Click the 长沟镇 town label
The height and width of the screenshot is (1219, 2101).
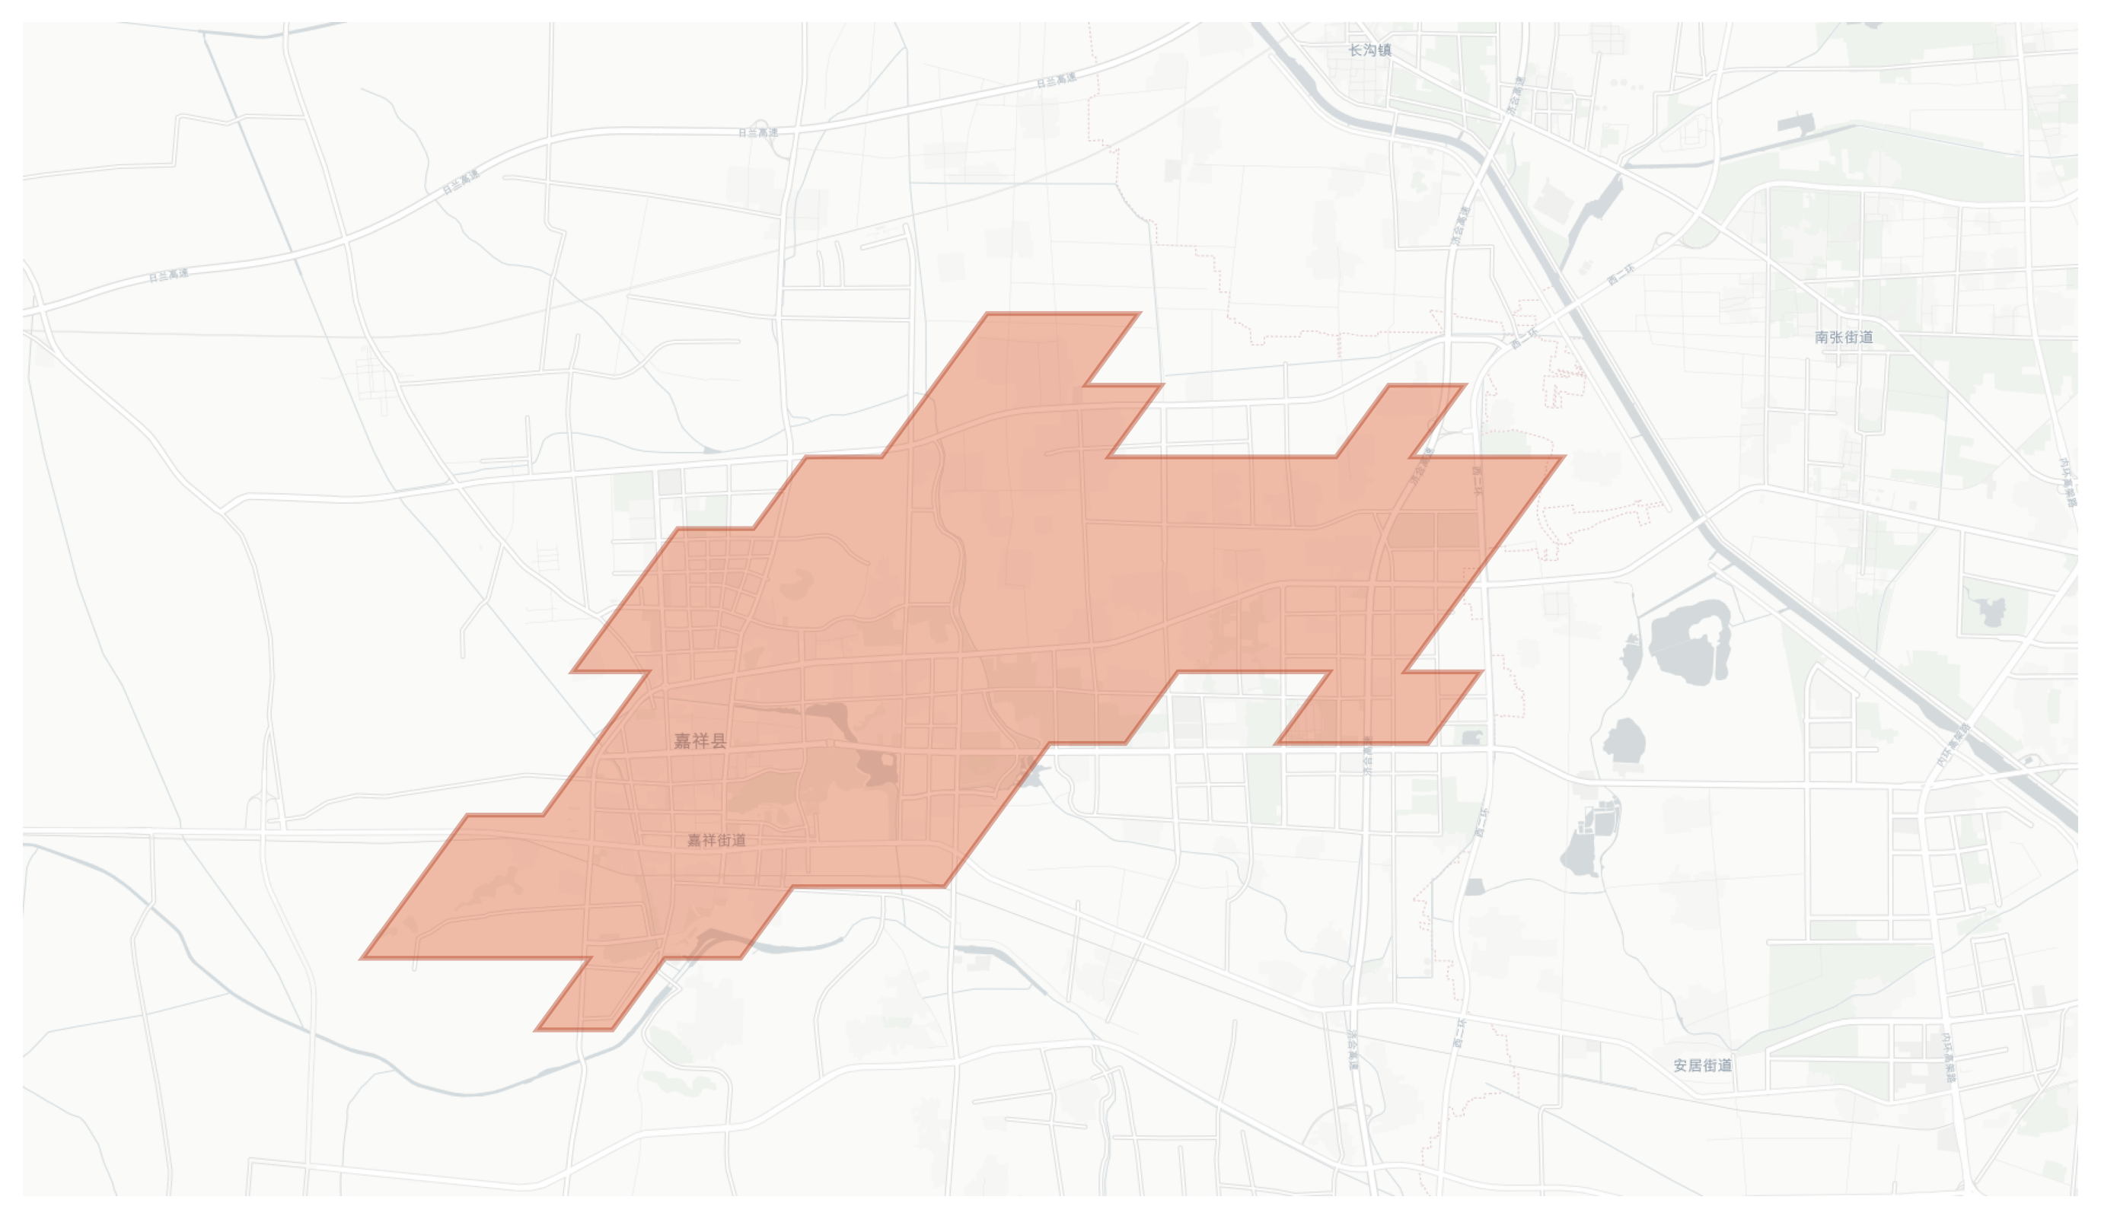[x=1369, y=50]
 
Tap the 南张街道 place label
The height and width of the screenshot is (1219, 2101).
[x=1844, y=336]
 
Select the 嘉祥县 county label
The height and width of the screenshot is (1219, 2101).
[x=700, y=740]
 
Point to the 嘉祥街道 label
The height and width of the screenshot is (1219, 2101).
[x=716, y=840]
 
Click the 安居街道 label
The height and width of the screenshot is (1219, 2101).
[x=1702, y=1065]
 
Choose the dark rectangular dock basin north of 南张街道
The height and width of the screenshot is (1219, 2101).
[x=1796, y=125]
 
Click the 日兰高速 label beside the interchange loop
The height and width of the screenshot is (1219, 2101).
[x=758, y=132]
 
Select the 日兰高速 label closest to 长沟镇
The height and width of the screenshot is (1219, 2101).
[x=1056, y=80]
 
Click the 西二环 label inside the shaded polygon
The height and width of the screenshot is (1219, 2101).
[x=1477, y=481]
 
